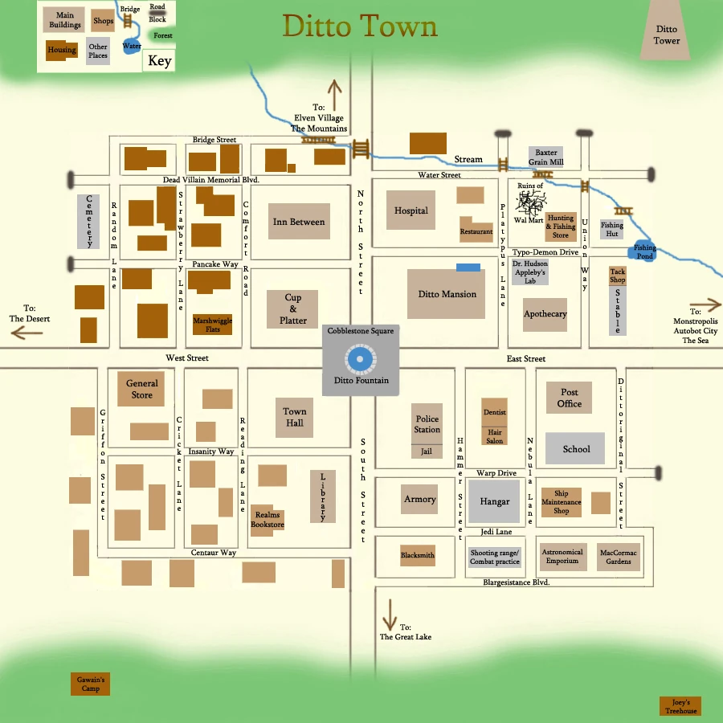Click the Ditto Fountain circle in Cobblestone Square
pos(361,359)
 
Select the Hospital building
pos(411,211)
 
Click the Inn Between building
pos(299,222)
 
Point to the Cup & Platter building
pos(293,309)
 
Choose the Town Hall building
pos(295,418)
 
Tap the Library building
pos(323,496)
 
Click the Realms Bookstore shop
pos(268,519)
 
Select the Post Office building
pos(570,398)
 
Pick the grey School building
pos(576,449)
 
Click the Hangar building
pos(495,501)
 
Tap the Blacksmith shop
pos(418,555)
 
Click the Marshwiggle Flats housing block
pos(212,325)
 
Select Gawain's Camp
pos(91,684)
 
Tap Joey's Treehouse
pos(680,706)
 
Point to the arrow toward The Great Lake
pos(390,615)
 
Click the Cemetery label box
pos(88,221)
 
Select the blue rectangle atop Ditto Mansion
pos(468,267)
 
